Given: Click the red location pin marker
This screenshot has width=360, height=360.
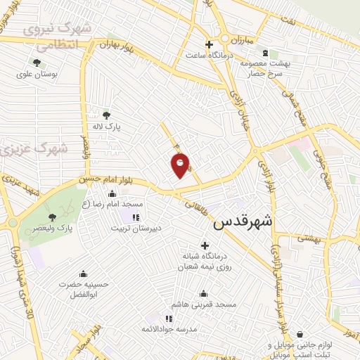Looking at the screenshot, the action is click(x=181, y=165).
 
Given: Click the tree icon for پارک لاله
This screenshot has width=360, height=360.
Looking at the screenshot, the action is click(x=106, y=115).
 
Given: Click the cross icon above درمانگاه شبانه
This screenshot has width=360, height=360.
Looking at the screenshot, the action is click(x=205, y=246).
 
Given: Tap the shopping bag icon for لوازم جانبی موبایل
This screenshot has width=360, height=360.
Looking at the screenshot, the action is click(x=301, y=334).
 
